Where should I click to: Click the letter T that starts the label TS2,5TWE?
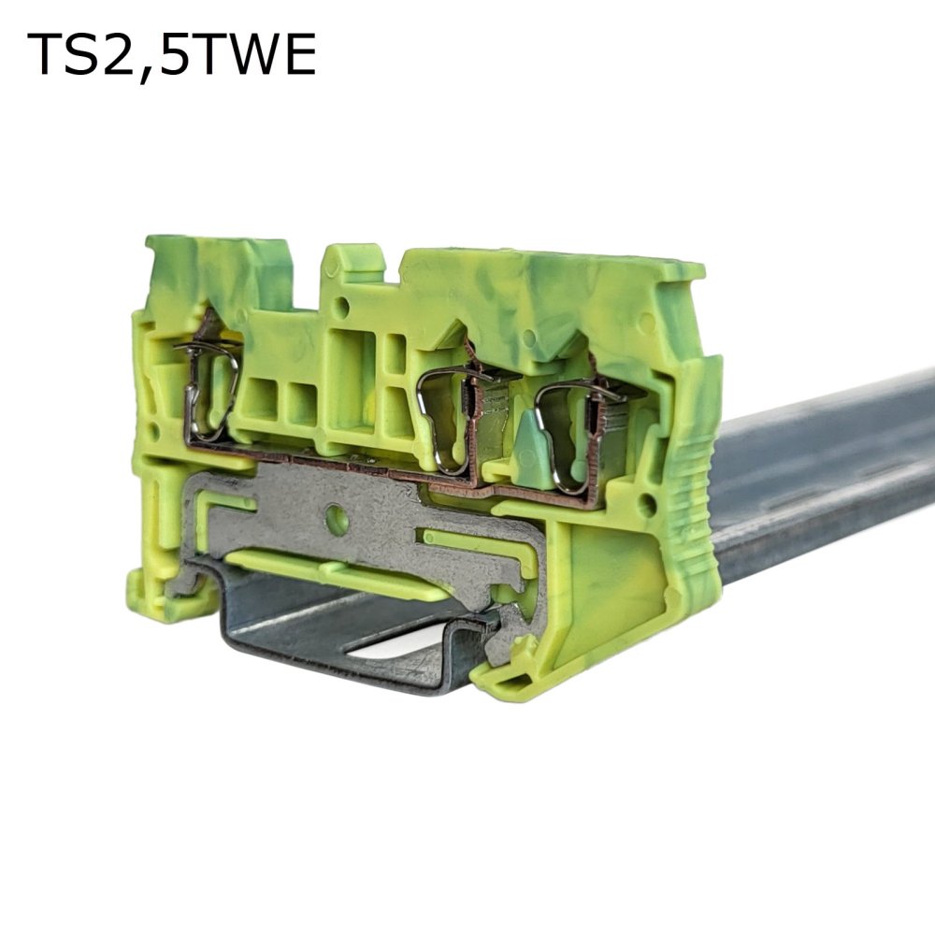[x=47, y=54]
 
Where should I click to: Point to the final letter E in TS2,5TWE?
[x=297, y=54]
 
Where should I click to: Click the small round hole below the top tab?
[x=343, y=306]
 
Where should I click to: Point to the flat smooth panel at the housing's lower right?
[x=608, y=598]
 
